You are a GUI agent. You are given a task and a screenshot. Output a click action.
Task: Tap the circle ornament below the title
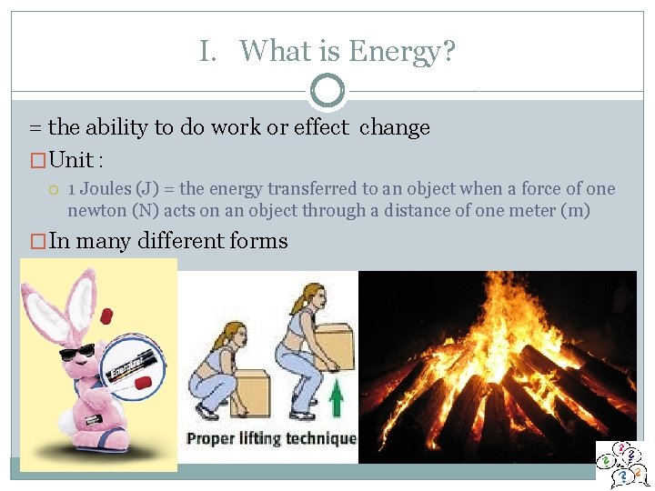pyautogui.click(x=327, y=91)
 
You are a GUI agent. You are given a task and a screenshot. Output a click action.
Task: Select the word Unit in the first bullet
pyautogui.click(x=72, y=161)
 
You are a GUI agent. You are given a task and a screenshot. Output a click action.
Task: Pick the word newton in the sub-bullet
pyautogui.click(x=96, y=211)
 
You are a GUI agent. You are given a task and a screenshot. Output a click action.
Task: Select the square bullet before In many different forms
pyautogui.click(x=37, y=242)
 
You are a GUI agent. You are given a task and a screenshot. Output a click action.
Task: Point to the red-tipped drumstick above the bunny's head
pyautogui.click(x=106, y=316)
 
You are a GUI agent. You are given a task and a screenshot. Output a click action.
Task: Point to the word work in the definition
pyautogui.click(x=236, y=127)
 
